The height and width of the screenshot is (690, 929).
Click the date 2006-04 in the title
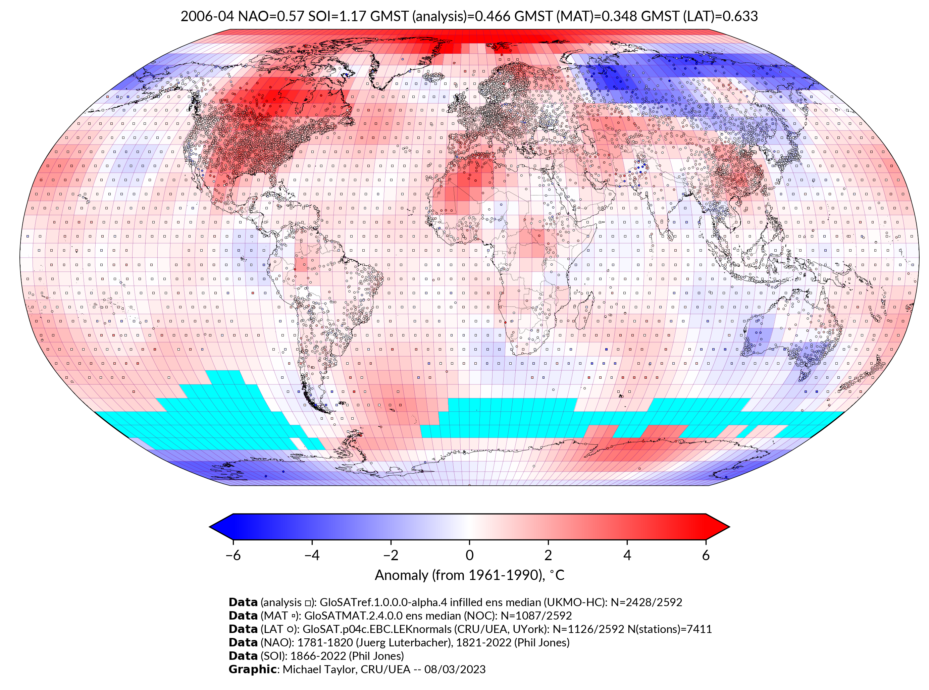coord(207,16)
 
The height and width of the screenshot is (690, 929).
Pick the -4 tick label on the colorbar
coord(312,555)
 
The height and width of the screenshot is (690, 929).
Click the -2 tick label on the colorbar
coord(391,555)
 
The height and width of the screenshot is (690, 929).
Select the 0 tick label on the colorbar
coord(469,555)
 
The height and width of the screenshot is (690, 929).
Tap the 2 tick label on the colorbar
coord(548,555)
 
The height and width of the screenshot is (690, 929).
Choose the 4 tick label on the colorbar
coord(627,555)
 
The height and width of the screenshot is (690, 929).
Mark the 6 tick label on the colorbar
coord(706,555)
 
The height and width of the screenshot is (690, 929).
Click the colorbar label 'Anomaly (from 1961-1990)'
coord(460,575)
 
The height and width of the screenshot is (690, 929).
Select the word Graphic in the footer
coord(252,669)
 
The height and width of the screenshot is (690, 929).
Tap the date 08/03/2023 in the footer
coord(455,669)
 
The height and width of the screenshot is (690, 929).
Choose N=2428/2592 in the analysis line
coord(646,602)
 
